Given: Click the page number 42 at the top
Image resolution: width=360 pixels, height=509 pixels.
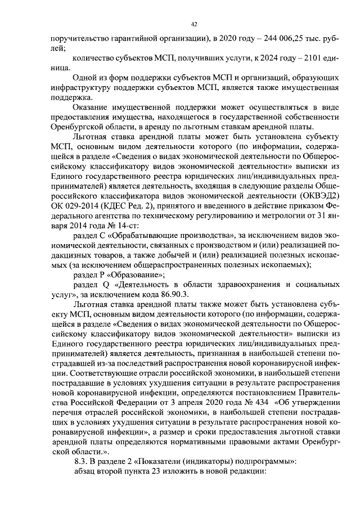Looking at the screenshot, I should [193, 24].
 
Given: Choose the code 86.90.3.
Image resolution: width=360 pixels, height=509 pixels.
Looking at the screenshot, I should [187, 294].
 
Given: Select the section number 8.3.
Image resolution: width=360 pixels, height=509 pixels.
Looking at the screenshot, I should [82, 460].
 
